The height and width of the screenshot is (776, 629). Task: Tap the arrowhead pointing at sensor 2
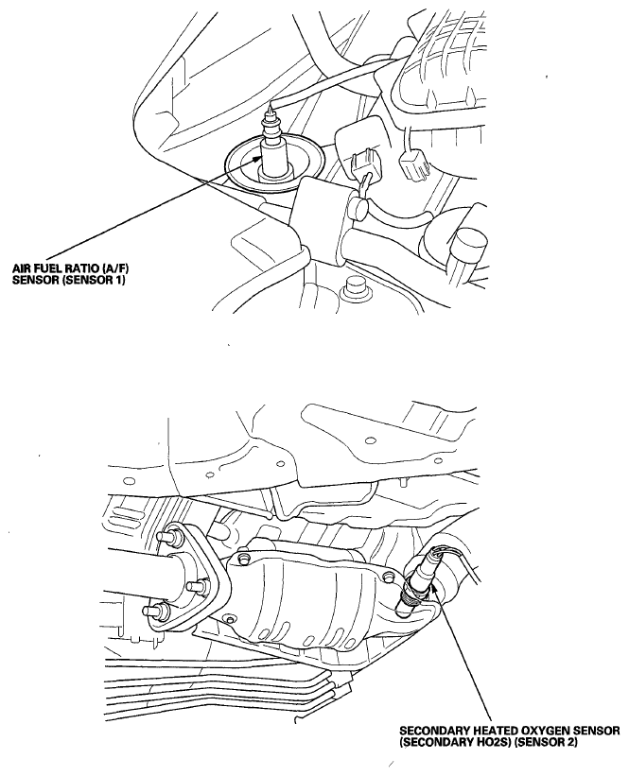point(433,590)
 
